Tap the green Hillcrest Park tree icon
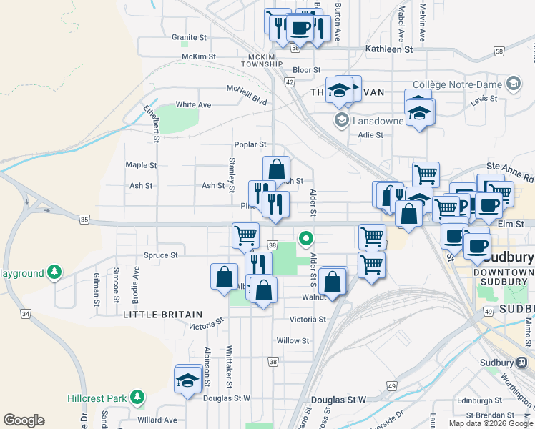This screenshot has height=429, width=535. coord(137,397)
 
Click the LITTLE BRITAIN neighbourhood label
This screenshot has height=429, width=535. coord(163,315)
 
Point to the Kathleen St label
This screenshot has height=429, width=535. coord(388,50)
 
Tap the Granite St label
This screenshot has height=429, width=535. coord(189,37)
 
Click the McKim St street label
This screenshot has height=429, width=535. coord(199,56)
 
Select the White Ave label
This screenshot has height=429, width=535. coord(193,104)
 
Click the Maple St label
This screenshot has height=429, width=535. coord(141,165)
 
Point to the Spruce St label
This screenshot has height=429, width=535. coord(160,255)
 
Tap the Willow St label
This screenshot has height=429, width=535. coord(293,341)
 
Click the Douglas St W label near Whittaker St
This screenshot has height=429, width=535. coord(227,398)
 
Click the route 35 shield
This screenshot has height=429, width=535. coord(84,220)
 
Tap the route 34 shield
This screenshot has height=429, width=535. coord(26,313)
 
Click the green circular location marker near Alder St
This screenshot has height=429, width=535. coord(306,238)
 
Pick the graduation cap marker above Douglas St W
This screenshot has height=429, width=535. coord(187,380)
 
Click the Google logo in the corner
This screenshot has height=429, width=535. coord(24,420)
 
